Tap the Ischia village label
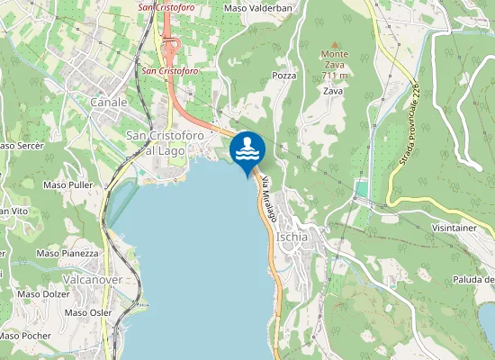coord(292,237)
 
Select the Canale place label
coord(109,103)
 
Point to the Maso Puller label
coord(68,184)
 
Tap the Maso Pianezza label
coord(67,254)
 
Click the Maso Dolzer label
coord(43,293)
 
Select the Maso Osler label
coord(87,312)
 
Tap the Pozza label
coord(284,76)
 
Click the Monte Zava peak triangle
coord(335,43)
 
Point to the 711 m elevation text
coord(335,76)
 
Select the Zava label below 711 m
coord(333,91)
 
